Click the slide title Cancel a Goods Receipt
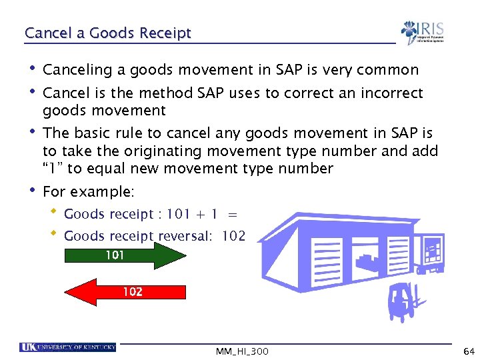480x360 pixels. pyautogui.click(x=107, y=33)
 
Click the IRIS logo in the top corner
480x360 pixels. pyautogui.click(x=422, y=32)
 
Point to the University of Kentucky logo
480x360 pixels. pyautogui.click(x=68, y=347)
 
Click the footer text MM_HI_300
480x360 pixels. pyautogui.click(x=242, y=351)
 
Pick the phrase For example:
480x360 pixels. pyautogui.click(x=89, y=192)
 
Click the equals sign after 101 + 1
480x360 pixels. pyautogui.click(x=231, y=214)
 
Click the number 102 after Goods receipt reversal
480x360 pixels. pyautogui.click(x=234, y=236)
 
